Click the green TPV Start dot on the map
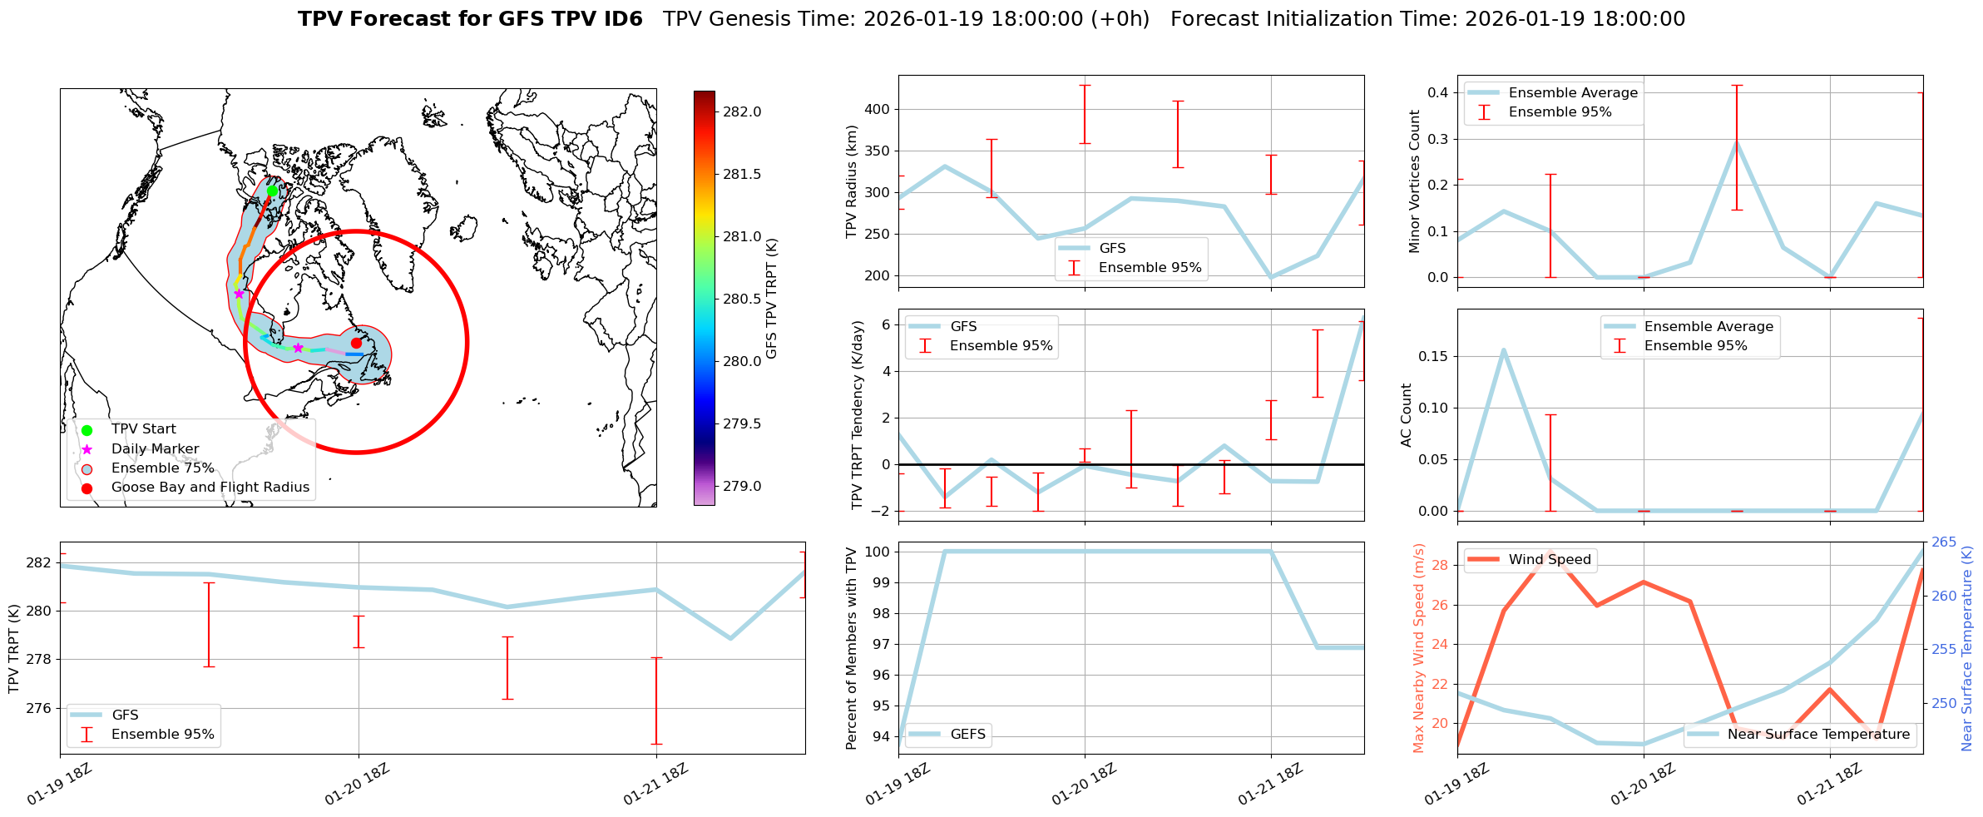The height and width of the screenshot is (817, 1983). point(272,191)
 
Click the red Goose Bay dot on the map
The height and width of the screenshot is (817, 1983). point(356,343)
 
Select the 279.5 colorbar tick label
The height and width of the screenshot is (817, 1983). point(742,423)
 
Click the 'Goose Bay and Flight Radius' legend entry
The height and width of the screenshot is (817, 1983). point(210,488)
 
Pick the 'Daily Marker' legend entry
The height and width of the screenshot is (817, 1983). point(155,449)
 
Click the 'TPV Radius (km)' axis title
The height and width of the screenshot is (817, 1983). point(851,181)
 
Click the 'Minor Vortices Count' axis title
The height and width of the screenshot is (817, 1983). point(1414,181)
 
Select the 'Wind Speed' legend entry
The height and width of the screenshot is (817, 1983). point(1549,560)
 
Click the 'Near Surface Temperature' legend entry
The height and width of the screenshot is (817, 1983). point(1817,734)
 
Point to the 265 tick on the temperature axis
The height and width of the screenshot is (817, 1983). point(1944,542)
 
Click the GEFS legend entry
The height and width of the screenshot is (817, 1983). point(967,734)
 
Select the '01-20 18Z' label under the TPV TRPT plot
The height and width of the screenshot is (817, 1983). point(357,784)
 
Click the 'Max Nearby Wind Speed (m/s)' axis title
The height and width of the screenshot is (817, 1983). point(1419,647)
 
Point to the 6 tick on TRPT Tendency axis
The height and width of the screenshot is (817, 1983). point(886,324)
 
